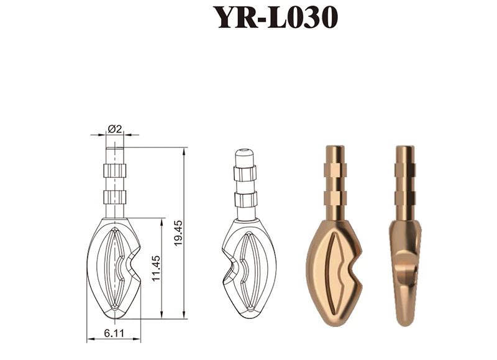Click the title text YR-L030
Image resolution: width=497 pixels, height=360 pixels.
[275, 17]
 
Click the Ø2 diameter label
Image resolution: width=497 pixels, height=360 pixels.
[115, 129]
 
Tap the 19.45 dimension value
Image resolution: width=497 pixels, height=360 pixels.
[178, 233]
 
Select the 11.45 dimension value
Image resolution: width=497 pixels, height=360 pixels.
[156, 268]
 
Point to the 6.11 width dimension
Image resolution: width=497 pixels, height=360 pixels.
[114, 333]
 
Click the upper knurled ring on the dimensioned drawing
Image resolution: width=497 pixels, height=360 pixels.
[115, 170]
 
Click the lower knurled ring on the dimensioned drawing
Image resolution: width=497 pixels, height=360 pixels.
[115, 197]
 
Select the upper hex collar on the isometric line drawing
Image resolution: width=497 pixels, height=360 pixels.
[245, 173]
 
